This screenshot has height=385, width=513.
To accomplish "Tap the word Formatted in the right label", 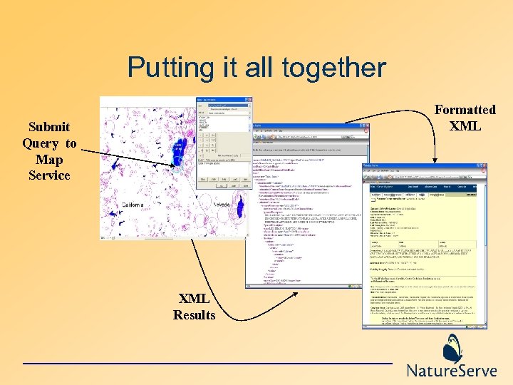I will point(465,110).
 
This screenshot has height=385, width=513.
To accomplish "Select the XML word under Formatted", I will point(465,126).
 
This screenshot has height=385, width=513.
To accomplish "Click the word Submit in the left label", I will point(49,127).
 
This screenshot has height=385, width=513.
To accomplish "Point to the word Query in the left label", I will point(41,143).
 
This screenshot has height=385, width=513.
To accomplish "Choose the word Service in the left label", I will point(49,175).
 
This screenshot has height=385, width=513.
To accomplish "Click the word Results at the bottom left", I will point(194,314).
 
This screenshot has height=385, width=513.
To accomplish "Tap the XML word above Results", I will point(194,299).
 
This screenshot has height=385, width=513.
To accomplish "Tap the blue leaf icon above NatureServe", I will point(452,349).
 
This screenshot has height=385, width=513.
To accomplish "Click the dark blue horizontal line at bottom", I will point(207,364).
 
